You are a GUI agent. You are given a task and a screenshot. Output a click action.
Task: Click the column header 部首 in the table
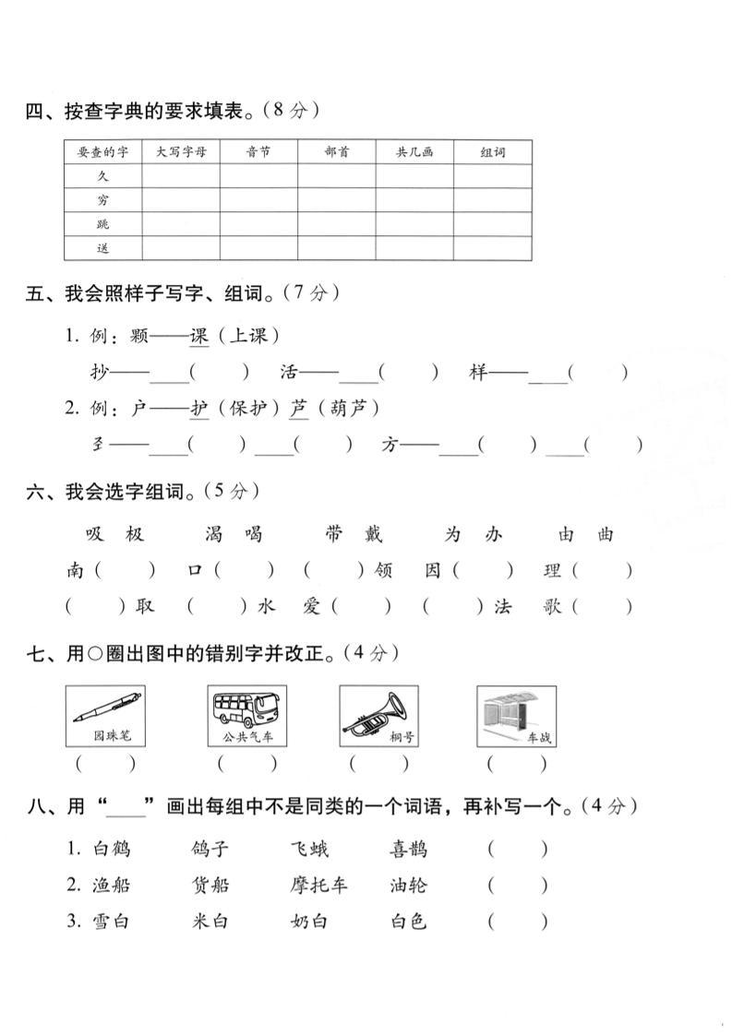(337, 152)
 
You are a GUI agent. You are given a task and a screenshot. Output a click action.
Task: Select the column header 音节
(258, 152)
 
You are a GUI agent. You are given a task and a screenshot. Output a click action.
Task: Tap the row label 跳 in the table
(102, 224)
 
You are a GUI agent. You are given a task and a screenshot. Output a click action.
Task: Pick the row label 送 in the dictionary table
(102, 248)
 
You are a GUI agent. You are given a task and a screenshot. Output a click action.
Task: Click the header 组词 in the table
(493, 152)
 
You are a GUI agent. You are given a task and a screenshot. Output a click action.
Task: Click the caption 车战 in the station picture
(538, 738)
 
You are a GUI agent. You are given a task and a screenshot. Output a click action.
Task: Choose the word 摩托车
(318, 886)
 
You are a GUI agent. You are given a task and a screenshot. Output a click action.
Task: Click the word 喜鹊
(408, 850)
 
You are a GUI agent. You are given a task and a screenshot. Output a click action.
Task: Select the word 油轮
(408, 886)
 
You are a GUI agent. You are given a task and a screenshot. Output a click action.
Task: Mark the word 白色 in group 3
(408, 921)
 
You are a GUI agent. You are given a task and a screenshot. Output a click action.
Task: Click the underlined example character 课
(199, 336)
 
